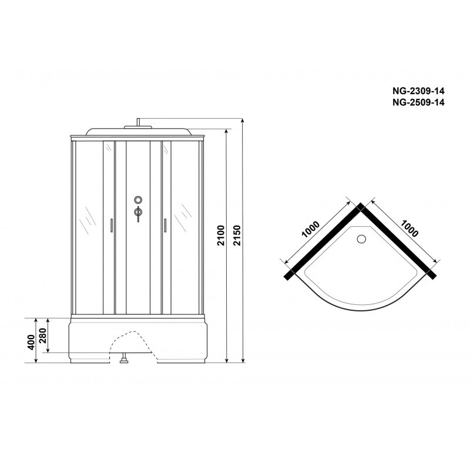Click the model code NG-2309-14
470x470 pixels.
click(418, 91)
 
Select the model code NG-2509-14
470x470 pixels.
click(418, 102)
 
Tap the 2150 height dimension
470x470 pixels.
click(237, 236)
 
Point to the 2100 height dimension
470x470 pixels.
click(221, 236)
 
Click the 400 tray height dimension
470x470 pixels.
click(31, 343)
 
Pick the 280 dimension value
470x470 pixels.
click(43, 336)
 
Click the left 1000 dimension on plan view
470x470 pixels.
click(311, 229)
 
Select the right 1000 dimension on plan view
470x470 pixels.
click(409, 229)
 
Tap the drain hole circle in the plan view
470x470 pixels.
click(361, 239)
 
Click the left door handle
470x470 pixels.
click(112, 226)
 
